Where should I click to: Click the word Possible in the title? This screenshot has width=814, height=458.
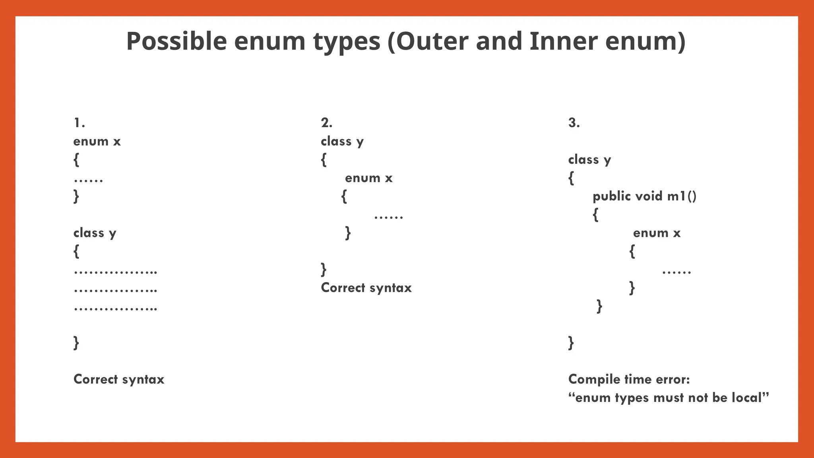176,41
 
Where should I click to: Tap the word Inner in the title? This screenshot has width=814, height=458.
563,41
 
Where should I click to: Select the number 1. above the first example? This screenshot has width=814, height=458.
79,123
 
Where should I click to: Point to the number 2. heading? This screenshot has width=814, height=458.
327,123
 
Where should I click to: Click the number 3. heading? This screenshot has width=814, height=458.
574,123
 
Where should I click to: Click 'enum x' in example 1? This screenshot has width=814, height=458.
97,142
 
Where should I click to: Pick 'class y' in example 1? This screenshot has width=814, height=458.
95,233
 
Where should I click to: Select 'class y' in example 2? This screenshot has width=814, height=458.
342,142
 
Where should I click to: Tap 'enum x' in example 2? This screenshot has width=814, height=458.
368,178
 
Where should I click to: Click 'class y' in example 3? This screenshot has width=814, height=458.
589,160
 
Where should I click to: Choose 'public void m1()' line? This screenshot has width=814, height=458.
644,196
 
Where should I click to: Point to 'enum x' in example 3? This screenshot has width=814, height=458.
657,233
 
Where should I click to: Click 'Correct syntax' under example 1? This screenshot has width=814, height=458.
119,379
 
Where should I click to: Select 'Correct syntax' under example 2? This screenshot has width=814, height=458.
366,288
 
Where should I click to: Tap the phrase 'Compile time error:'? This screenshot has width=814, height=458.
629,379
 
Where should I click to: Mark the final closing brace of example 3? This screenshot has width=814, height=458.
571,343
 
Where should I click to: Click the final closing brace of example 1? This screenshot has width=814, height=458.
76,343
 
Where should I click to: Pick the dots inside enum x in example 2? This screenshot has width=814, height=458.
388,217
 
